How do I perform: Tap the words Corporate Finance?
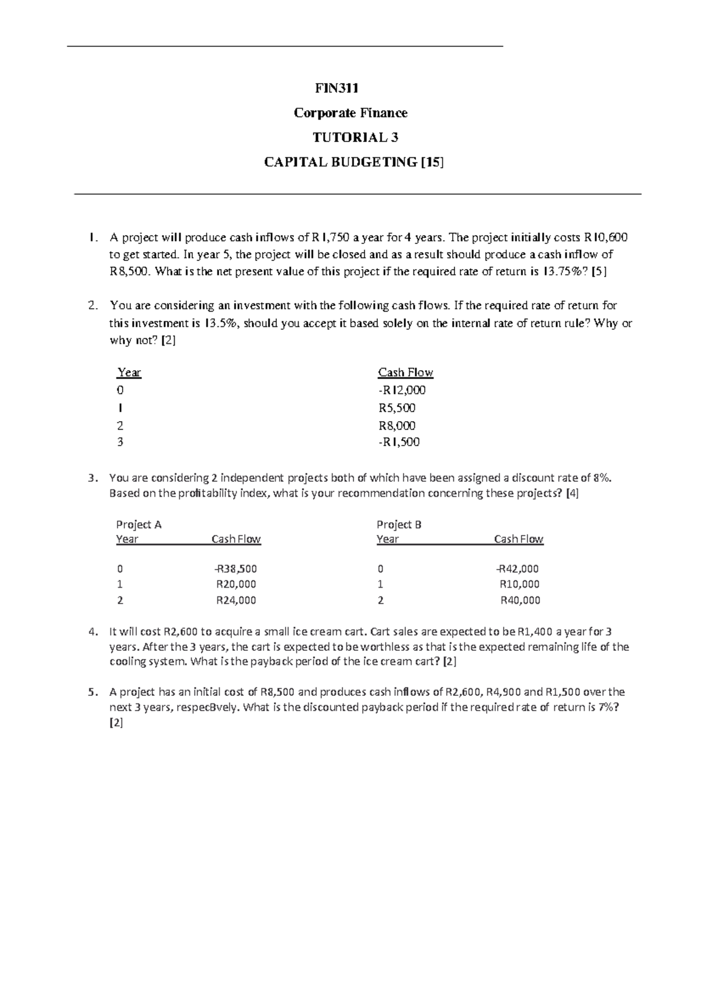[350, 113]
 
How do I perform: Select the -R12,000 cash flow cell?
[402, 390]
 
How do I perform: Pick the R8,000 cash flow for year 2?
[397, 426]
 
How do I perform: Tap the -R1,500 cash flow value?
[399, 442]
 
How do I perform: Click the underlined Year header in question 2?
[129, 373]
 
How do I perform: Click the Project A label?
[138, 525]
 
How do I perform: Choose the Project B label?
[399, 525]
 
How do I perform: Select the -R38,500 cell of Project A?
[235, 568]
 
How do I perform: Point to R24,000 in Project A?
[236, 600]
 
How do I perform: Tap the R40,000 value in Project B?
[520, 600]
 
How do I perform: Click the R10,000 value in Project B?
[519, 584]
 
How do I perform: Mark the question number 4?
[92, 632]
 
